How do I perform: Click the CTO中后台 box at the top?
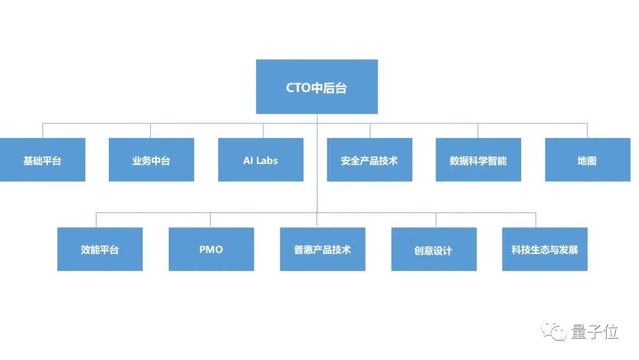317,86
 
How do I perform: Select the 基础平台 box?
43,160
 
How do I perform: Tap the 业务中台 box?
151,160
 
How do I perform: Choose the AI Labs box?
260,160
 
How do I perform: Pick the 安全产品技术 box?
369,160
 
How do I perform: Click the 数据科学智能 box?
478,160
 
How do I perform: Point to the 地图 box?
587,160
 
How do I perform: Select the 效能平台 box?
100,249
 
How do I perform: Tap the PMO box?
211,249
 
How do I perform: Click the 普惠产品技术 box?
322,249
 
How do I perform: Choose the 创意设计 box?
434,249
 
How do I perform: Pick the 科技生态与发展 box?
545,249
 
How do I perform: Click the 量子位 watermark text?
594,332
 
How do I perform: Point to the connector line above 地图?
587,131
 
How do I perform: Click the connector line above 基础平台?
43,131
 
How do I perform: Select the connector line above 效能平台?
96,220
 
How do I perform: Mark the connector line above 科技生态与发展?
536,220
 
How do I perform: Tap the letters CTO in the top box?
298,88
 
